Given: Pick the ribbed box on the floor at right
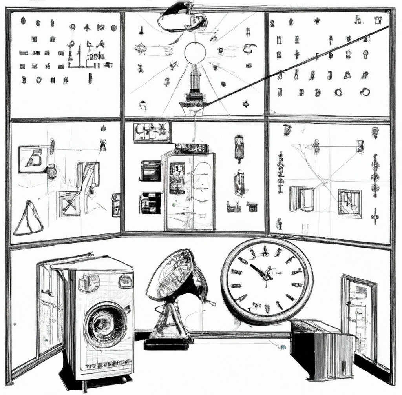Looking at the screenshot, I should point(322,349).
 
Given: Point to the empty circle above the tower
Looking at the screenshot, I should point(195,53).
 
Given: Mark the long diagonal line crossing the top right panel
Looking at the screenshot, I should point(298,65).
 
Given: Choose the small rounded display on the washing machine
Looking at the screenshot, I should point(125,281).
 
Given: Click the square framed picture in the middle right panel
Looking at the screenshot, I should point(349,203).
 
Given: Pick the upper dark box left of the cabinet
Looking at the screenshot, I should point(151,171).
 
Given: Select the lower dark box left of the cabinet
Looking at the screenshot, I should point(150,203).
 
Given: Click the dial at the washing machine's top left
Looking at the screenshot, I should point(89,282).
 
